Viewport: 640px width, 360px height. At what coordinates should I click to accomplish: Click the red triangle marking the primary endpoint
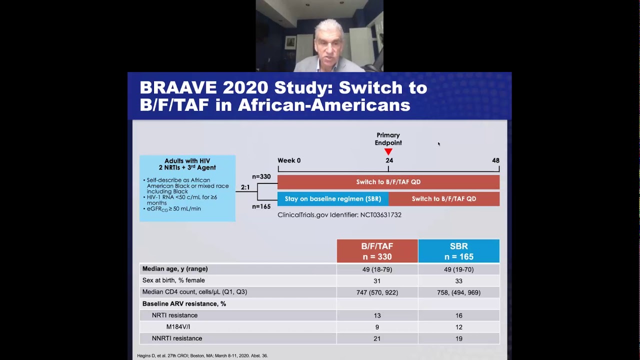(x=388, y=151)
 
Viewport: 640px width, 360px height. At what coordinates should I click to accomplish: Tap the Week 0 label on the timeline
(x=289, y=160)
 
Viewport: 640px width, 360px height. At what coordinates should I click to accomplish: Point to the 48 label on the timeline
(x=495, y=160)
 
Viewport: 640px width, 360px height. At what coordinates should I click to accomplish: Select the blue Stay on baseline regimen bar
(x=333, y=199)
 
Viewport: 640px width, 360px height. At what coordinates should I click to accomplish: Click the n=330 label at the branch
(x=261, y=176)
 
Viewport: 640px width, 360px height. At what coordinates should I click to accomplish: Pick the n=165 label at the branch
(x=261, y=206)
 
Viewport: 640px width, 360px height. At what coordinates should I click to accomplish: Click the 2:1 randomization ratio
(x=245, y=187)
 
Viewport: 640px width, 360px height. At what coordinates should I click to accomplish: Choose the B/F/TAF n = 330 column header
(x=377, y=251)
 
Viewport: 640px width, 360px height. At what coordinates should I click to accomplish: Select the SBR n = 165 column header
(x=458, y=251)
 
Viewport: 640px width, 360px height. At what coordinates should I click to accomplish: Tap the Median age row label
(x=175, y=269)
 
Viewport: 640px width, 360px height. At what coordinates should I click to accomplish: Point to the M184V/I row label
(x=178, y=327)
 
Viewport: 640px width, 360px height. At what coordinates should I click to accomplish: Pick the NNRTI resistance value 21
(x=377, y=338)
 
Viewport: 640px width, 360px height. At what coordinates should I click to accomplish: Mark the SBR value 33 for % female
(x=458, y=281)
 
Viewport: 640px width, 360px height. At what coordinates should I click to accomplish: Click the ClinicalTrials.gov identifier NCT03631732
(x=339, y=215)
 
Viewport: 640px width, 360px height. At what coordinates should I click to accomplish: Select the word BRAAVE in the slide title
(x=178, y=87)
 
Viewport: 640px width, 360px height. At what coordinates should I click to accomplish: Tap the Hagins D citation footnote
(x=202, y=356)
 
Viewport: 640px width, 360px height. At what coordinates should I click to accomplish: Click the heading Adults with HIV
(x=187, y=161)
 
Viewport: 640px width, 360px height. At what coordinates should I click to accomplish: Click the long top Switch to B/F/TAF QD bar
(x=388, y=182)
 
